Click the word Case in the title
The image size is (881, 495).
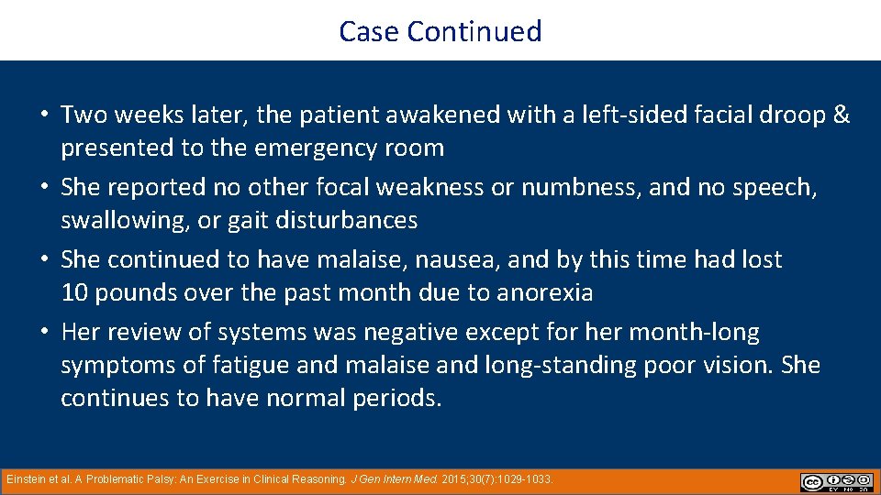pos(370,31)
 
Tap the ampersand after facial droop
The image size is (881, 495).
pos(841,115)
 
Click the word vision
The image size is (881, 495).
pos(737,366)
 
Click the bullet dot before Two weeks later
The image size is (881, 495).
pos(44,116)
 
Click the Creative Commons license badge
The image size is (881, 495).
pos(836,482)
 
